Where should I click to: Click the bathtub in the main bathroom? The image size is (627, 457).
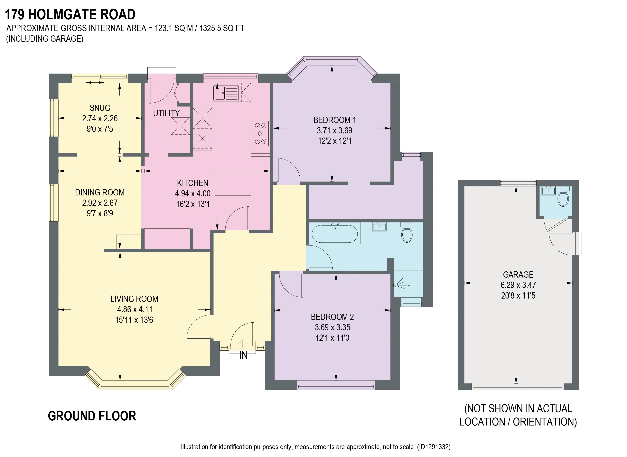click(335, 233)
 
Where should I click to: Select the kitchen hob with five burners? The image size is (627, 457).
click(260, 133)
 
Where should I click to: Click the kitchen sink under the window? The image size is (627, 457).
click(226, 93)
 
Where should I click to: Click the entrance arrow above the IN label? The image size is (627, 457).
click(243, 343)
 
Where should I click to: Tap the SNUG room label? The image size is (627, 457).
click(100, 108)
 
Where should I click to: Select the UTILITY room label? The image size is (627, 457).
click(166, 113)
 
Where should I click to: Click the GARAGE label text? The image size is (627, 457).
click(518, 274)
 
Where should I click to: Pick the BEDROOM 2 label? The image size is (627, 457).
click(332, 317)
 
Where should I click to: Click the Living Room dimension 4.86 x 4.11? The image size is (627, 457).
click(135, 309)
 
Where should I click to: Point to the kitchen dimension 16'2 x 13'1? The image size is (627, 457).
click(193, 204)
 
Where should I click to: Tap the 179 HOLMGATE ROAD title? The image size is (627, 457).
click(70, 14)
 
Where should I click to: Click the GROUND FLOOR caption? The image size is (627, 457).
click(92, 416)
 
